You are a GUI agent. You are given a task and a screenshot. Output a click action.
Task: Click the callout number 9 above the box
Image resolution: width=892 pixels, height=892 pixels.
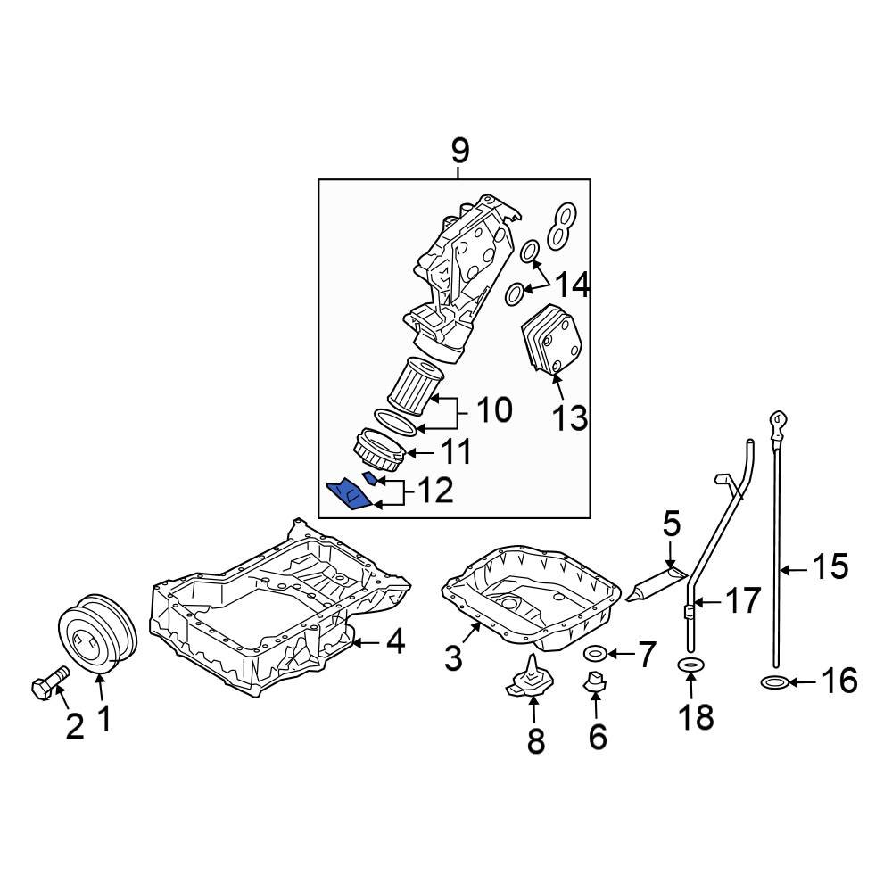pos(459,152)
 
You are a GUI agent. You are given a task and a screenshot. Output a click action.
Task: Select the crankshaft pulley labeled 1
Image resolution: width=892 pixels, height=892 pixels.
pos(98,634)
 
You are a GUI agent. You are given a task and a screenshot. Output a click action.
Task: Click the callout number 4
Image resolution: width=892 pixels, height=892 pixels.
pos(395,641)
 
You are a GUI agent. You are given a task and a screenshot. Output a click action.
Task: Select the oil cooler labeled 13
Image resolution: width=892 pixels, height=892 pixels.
pos(553,340)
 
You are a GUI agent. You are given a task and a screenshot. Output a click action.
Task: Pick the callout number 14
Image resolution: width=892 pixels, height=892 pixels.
pos(573,285)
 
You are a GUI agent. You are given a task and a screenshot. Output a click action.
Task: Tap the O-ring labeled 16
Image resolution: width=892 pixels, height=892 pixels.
pos(775,682)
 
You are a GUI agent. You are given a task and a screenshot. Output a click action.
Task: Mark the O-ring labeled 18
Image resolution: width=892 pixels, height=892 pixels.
pos(690,664)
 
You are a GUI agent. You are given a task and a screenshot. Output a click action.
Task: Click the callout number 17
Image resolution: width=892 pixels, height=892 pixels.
pos(742,600)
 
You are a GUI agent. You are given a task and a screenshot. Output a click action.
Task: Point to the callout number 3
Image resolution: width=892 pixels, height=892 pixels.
pos(453,658)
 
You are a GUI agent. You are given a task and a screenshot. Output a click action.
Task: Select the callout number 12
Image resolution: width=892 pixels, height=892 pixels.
pos(436,491)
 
